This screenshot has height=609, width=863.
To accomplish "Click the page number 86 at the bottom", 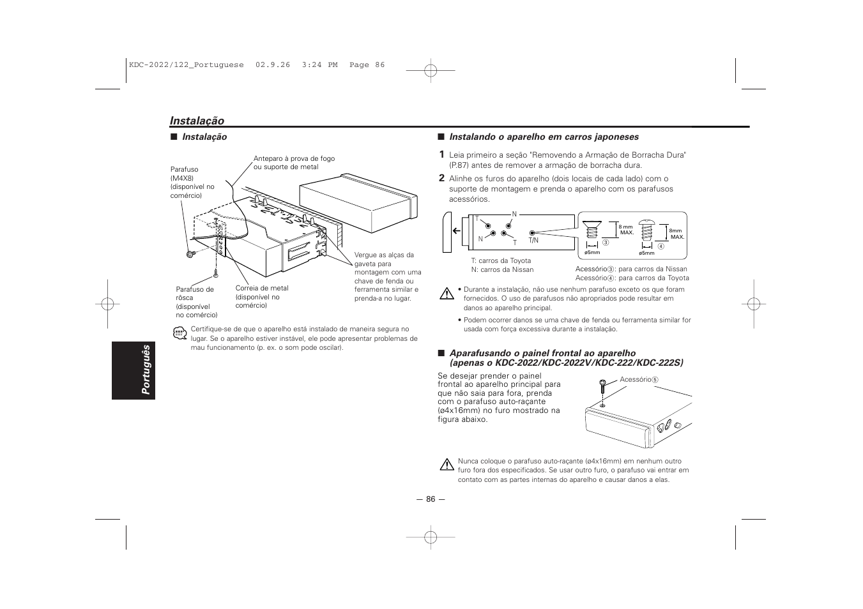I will click(x=431, y=499).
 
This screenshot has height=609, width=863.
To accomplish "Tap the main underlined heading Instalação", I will click(x=197, y=121).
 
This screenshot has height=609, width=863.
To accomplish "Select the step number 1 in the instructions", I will click(x=441, y=154).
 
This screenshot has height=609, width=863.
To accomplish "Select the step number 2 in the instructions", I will click(x=441, y=179).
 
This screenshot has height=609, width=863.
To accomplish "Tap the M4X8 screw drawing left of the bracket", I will click(x=190, y=253).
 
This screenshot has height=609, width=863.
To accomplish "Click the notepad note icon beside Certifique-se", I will click(x=179, y=333).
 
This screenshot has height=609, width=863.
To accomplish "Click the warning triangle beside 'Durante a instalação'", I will click(x=446, y=294).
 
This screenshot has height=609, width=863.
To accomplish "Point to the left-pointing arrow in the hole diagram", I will click(x=456, y=231).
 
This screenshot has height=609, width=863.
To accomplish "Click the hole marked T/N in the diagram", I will click(x=532, y=233).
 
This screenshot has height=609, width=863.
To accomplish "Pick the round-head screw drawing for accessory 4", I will click(x=648, y=232).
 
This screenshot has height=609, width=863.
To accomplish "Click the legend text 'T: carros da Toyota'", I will click(x=501, y=260).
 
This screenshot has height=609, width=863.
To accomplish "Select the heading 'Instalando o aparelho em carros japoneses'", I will click(x=544, y=137).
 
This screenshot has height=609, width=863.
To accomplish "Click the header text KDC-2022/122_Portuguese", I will click(x=186, y=65).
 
